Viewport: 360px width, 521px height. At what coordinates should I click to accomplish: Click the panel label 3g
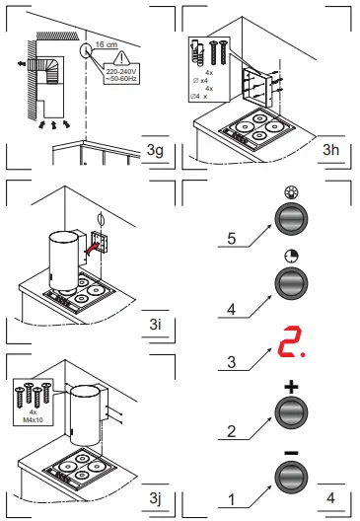click(153, 150)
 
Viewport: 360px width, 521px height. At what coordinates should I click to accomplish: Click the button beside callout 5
click(291, 218)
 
